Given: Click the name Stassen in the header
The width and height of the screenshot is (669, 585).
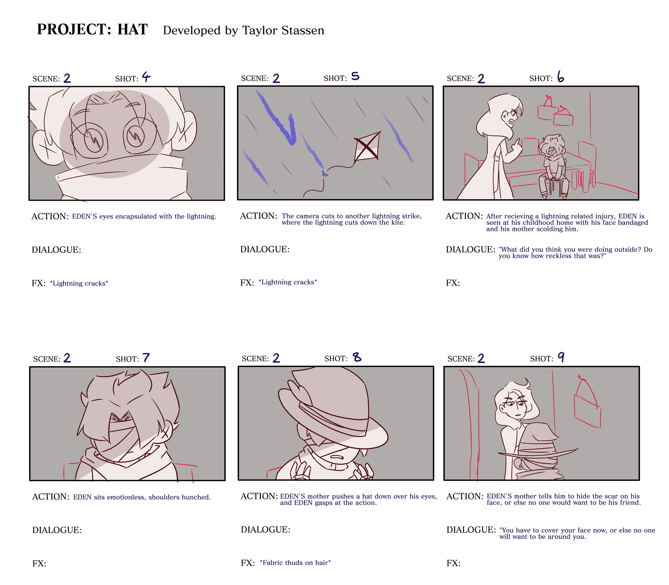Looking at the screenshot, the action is pos(303,30).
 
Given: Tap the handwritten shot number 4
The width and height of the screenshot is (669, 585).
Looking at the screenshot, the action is pos(146,77).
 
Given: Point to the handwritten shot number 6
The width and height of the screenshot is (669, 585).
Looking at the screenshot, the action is pos(561,77).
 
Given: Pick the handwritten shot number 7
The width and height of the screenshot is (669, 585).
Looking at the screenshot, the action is pos(146,358).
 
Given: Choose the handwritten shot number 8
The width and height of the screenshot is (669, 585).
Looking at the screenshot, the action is pos(357,357).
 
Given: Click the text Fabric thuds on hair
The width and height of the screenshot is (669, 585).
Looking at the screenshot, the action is pos(295,563).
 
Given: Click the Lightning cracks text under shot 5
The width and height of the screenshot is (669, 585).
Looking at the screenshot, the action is pos(287,282).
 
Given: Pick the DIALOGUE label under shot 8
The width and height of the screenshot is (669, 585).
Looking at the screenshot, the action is pos(266,530).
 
